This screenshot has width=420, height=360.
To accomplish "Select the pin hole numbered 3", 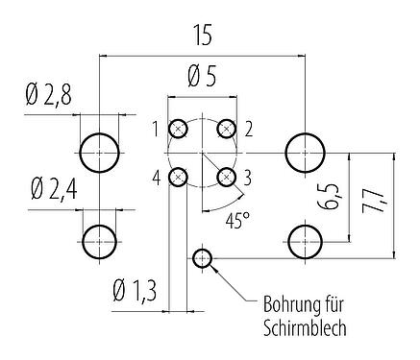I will pyautogui.click(x=226, y=177).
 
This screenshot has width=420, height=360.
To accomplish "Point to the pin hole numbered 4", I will pyautogui.click(x=179, y=177).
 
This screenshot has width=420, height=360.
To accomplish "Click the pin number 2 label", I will pyautogui.click(x=248, y=128).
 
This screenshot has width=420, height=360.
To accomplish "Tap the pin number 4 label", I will pyautogui.click(x=156, y=176).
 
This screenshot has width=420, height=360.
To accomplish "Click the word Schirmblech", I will pyautogui.click(x=303, y=326).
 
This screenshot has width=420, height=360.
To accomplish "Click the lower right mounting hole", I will pyautogui.click(x=306, y=239).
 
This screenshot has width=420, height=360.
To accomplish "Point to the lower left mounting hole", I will pyautogui.click(x=99, y=239).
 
